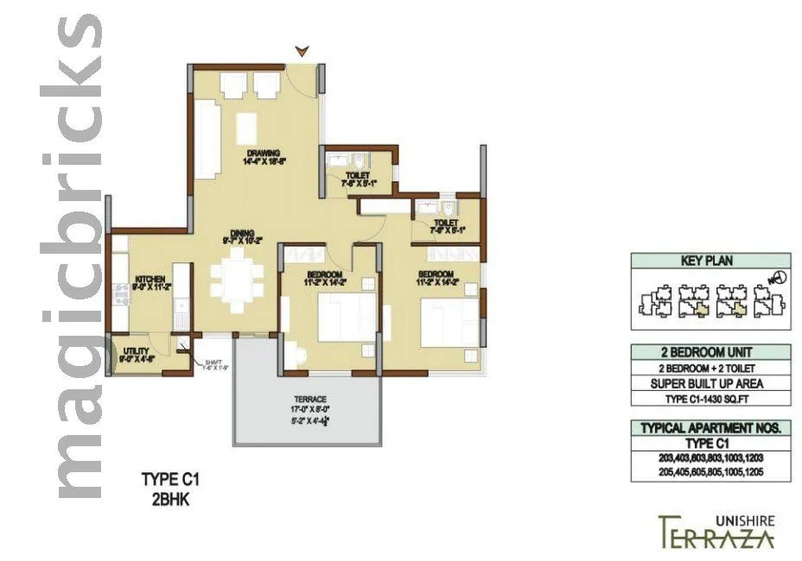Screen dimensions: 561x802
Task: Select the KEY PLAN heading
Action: [710, 261]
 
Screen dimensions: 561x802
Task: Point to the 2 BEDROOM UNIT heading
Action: [710, 352]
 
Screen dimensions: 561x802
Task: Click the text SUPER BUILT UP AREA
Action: [710, 383]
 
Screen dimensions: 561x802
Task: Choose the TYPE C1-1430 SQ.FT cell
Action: [710, 398]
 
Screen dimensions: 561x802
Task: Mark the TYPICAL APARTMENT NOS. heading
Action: [710, 428]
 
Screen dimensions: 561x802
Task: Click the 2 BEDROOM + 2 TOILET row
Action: [710, 368]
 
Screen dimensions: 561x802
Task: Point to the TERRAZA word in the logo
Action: [716, 535]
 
